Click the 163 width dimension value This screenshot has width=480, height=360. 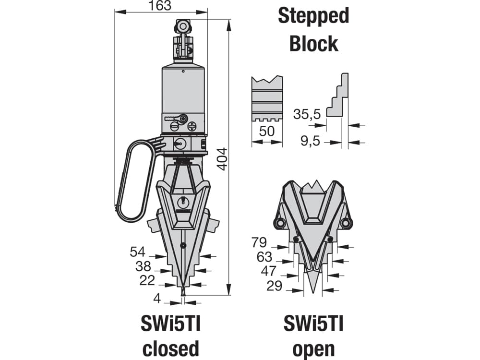[161, 5]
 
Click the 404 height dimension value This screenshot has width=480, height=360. [223, 159]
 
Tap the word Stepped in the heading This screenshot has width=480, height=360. [313, 16]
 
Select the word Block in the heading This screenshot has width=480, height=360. [314, 44]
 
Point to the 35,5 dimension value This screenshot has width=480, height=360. [307, 114]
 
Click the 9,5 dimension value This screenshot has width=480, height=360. [310, 141]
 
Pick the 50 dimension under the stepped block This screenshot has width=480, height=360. [266, 131]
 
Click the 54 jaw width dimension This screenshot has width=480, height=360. [138, 252]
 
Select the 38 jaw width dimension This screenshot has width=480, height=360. [143, 266]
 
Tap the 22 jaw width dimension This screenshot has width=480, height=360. [147, 280]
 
